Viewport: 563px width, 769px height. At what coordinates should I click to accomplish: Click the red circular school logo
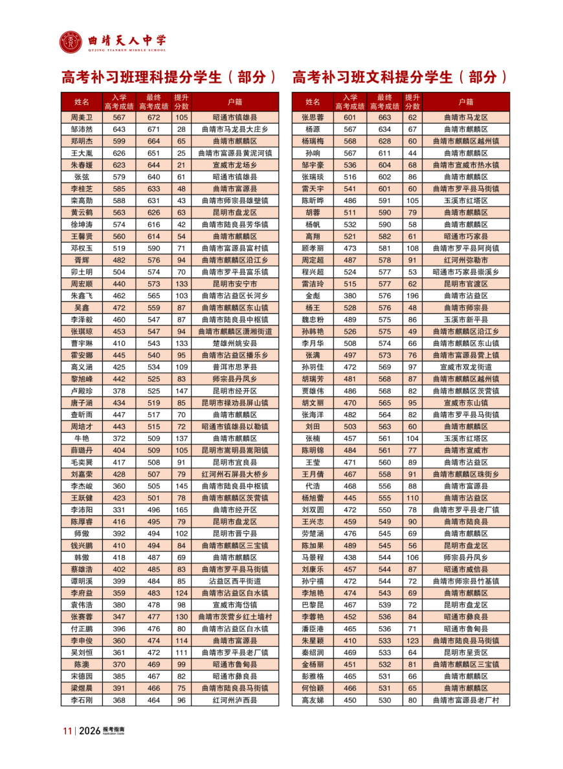[71, 43]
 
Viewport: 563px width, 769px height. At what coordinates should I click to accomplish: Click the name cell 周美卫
[82, 118]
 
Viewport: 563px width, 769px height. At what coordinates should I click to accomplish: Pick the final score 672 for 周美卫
[153, 118]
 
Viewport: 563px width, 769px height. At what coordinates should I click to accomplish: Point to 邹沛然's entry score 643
[119, 129]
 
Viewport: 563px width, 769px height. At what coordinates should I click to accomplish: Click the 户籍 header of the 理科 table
[235, 102]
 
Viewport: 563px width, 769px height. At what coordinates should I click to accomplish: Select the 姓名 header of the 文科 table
[313, 102]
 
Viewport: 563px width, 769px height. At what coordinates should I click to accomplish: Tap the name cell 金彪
[313, 296]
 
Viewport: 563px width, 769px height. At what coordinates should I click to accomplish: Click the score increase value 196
[412, 296]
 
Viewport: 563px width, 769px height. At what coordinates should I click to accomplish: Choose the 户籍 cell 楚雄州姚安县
[235, 343]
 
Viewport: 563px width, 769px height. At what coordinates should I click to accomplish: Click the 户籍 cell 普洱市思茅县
[235, 367]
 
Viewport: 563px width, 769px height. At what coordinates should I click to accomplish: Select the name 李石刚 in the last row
[82, 700]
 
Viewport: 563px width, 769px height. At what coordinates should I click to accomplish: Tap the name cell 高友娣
[313, 700]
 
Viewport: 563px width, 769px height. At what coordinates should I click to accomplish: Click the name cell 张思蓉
[313, 118]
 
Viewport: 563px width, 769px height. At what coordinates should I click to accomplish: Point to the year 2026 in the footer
[90, 731]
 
